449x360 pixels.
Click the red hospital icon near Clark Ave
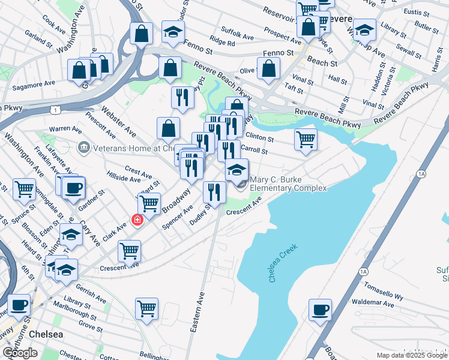(x=137, y=220)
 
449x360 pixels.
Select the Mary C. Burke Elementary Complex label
(x=288, y=184)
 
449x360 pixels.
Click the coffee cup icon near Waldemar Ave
(x=320, y=310)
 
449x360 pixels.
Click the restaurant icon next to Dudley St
(x=214, y=191)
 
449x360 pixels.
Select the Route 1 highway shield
(x=55, y=110)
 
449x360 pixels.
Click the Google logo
(x=20, y=353)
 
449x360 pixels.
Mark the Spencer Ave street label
(x=177, y=217)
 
